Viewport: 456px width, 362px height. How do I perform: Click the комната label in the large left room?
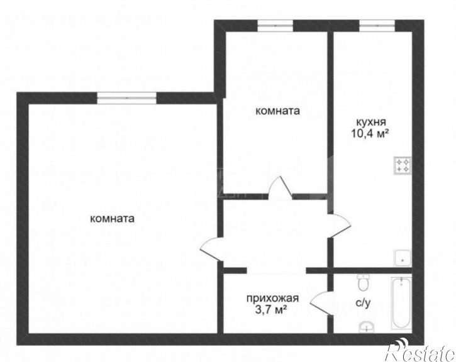pyautogui.click(x=112, y=219)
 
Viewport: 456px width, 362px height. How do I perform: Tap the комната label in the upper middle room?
pyautogui.click(x=277, y=111)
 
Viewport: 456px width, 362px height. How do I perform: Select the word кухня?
pyautogui.click(x=371, y=122)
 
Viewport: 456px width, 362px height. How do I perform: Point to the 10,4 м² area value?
pyautogui.click(x=371, y=133)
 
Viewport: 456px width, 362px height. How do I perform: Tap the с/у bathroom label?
pyautogui.click(x=363, y=303)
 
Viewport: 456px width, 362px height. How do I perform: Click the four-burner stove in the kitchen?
pyautogui.click(x=402, y=165)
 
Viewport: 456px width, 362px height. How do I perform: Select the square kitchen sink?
pyautogui.click(x=401, y=257)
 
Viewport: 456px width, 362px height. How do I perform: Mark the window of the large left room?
pyautogui.click(x=126, y=97)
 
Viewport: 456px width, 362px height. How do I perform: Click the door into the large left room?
pyautogui.click(x=210, y=248)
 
